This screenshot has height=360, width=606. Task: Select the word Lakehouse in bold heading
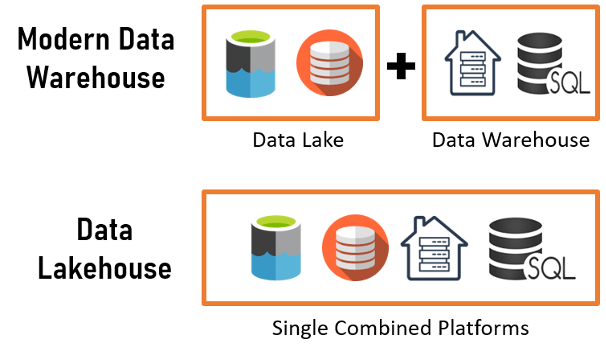tap(96, 268)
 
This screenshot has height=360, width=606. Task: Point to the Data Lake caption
tap(297, 140)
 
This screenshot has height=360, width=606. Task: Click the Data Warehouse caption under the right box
tap(510, 140)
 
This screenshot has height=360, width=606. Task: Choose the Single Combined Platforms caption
tap(400, 327)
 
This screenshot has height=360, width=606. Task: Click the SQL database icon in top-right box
tap(547, 64)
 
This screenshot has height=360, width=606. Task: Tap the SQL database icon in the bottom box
tap(518, 250)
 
